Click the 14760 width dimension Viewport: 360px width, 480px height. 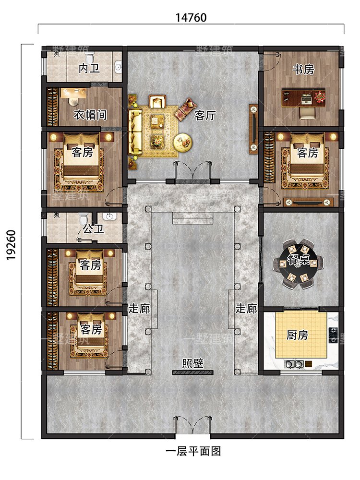[x=191, y=18]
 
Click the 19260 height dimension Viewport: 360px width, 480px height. [x=12, y=245]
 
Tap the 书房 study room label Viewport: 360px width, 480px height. [x=303, y=70]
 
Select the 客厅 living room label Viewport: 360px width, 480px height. [x=205, y=115]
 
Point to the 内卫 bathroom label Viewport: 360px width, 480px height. [x=89, y=69]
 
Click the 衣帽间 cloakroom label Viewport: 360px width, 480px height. [x=90, y=115]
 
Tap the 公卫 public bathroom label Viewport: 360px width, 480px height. [x=94, y=228]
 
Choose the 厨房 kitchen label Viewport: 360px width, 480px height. [x=297, y=335]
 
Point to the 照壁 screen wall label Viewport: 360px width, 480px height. [x=192, y=363]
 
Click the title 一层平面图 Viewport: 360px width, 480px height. [x=193, y=451]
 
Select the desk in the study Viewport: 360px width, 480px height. [x=303, y=98]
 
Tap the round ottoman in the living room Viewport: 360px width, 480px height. [x=183, y=143]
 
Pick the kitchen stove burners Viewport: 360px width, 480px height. [x=333, y=335]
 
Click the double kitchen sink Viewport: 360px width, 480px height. [x=294, y=364]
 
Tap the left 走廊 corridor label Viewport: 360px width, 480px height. [x=139, y=309]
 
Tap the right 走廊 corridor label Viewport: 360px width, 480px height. [x=246, y=309]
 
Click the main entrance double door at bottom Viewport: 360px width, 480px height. [x=192, y=425]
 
